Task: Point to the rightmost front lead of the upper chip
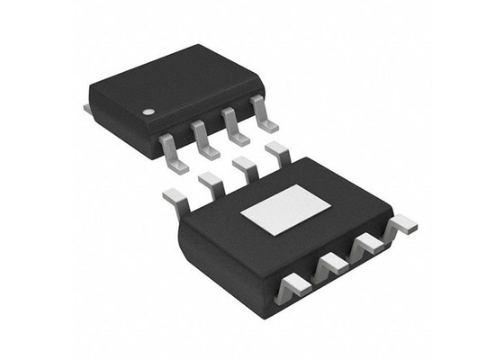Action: pos(263,115)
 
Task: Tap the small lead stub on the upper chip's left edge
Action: pos(87,108)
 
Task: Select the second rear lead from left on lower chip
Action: pos(211,183)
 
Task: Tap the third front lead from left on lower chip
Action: pos(368,245)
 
